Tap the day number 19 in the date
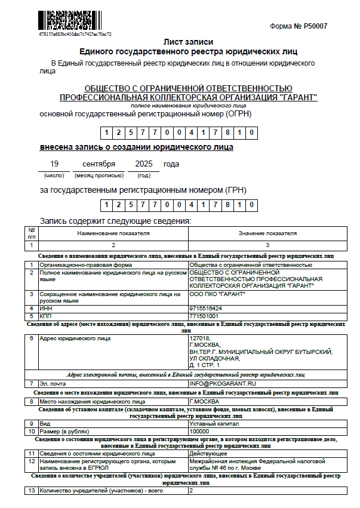coord(54,164)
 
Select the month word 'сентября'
coord(99,164)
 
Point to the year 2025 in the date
coord(144,164)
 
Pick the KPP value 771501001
coord(204,315)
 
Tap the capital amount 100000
coord(198,430)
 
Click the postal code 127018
coord(199,338)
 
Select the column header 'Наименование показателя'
coord(113,233)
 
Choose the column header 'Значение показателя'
coord(267,233)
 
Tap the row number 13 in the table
coord(32,491)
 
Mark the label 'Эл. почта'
coord(53,383)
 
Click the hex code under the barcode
coord(75,34)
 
